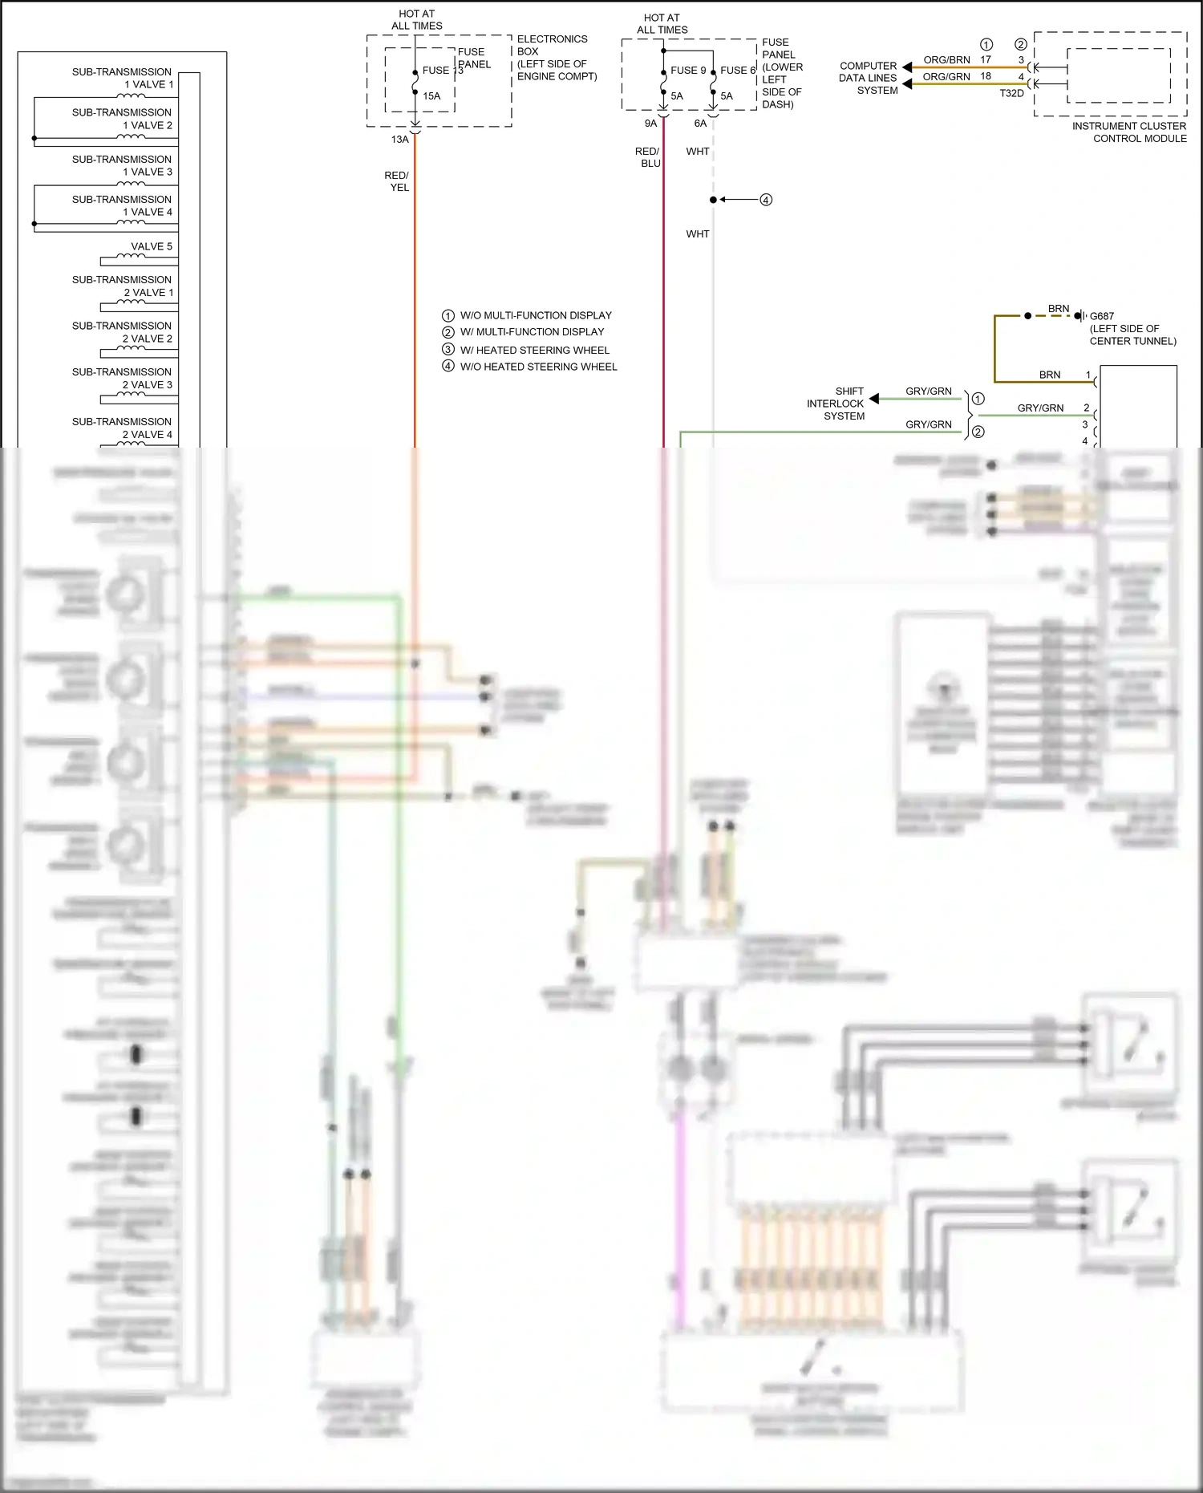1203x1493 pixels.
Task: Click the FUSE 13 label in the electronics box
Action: (x=442, y=71)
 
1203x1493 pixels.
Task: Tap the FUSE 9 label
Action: (x=688, y=71)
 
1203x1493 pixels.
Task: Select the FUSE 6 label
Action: (x=738, y=71)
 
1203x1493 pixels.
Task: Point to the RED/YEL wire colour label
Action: (x=397, y=181)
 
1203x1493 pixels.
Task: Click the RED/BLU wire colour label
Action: (x=648, y=157)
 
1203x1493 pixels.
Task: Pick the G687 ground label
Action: (x=1102, y=316)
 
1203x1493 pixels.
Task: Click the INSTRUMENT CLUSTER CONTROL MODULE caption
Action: (x=1129, y=132)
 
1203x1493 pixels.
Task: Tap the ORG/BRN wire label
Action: (x=946, y=60)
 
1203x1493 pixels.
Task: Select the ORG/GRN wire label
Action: (x=946, y=77)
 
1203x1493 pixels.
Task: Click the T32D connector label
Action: (x=1011, y=93)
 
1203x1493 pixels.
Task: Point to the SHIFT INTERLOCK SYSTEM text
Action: (x=836, y=404)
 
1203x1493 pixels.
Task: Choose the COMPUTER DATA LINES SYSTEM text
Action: (x=869, y=78)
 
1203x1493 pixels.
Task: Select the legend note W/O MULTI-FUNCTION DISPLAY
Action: (x=535, y=315)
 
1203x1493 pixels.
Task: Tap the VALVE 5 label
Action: (x=152, y=246)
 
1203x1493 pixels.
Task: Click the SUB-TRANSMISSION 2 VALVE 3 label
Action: (x=122, y=379)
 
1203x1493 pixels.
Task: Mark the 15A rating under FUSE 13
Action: (x=431, y=96)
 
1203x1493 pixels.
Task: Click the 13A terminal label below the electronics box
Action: (x=400, y=140)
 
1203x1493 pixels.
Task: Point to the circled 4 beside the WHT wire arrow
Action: (x=766, y=200)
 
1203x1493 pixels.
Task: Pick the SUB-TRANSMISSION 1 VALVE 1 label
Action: (x=122, y=78)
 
